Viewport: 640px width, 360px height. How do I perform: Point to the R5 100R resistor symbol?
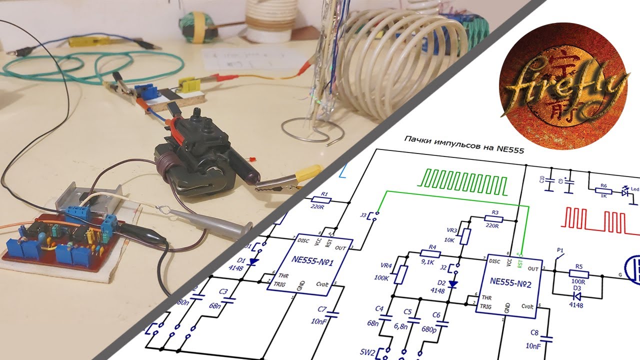coord(578,274)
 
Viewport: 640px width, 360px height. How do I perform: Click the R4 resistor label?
coord(432,246)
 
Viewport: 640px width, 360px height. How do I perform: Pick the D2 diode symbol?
coord(453,284)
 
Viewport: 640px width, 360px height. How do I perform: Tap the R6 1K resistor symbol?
coord(603,190)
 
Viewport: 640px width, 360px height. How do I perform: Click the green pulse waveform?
coord(464,181)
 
